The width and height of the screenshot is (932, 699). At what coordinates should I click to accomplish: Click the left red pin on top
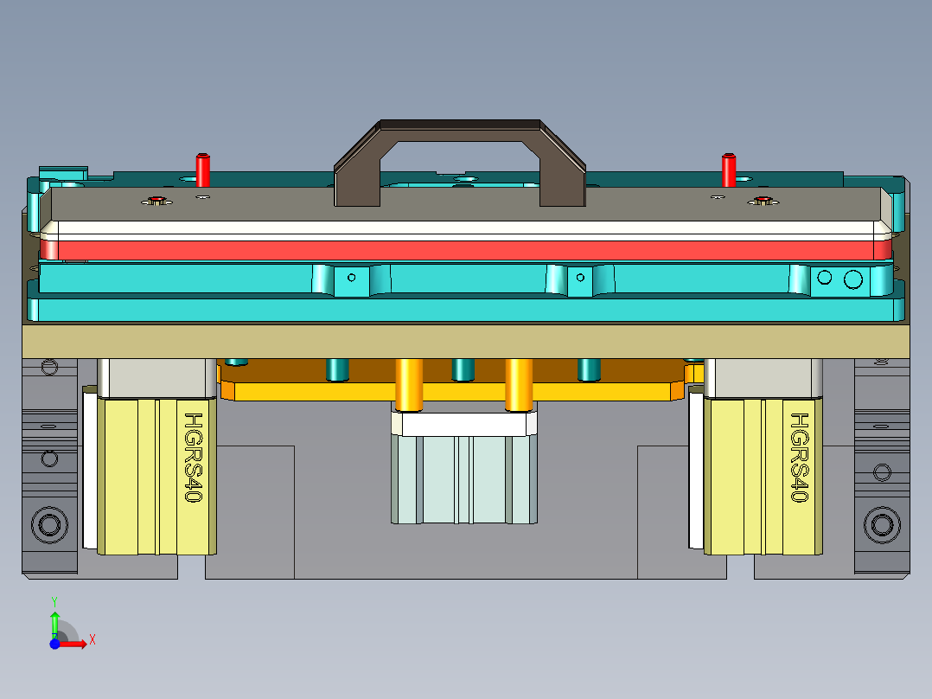[203, 170]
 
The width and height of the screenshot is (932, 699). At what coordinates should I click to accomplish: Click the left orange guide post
[408, 383]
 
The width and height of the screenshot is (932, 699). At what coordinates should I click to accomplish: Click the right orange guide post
[519, 383]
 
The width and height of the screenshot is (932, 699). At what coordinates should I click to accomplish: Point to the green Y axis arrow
[54, 620]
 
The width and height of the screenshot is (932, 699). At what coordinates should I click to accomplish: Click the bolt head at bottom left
[49, 523]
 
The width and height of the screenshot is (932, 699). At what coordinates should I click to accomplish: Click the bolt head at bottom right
[883, 524]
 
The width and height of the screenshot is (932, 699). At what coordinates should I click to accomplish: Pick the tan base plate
[467, 340]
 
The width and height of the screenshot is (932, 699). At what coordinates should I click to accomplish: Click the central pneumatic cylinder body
[463, 479]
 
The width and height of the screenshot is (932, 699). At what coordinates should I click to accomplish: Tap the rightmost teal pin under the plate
[589, 369]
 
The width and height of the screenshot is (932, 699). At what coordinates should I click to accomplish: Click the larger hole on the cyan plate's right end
[853, 279]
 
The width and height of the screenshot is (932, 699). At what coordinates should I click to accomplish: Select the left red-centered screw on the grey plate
[156, 202]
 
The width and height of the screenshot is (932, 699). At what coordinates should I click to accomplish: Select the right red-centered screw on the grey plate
[762, 202]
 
